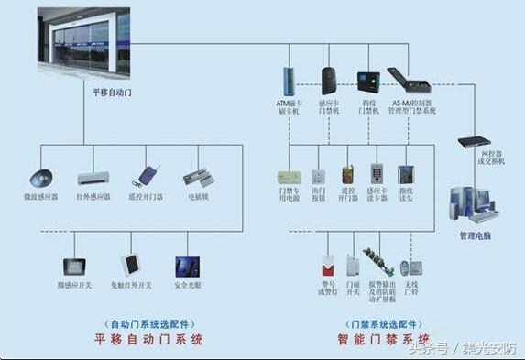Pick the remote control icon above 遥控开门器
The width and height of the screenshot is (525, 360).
148,176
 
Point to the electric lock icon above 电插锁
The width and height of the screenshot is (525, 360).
197,177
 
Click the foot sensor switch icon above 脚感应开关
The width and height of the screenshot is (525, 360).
73,267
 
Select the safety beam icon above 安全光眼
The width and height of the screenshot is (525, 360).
187,267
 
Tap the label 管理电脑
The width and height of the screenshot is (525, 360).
476,235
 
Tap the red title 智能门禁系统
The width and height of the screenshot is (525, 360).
384,340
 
